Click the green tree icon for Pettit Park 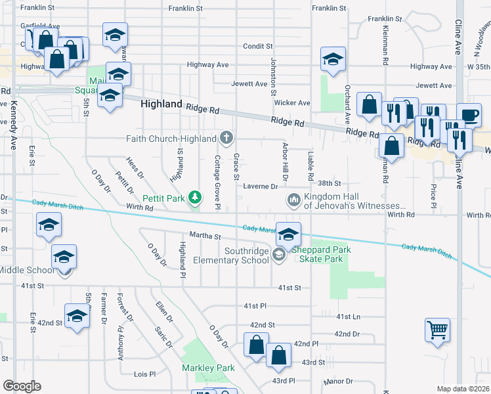coord(195,197)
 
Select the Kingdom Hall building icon coord(293,198)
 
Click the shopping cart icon coord(437,330)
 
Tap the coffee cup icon coord(469,114)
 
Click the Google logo coord(21,386)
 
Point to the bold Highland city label coord(161,104)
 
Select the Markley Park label coord(208,368)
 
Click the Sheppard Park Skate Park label coord(321,255)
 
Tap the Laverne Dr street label coord(261,186)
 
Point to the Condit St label coord(257,47)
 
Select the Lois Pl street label coord(144,374)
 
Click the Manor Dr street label coord(339,381)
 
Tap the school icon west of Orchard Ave coord(333,60)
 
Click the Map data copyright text coord(463,389)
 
